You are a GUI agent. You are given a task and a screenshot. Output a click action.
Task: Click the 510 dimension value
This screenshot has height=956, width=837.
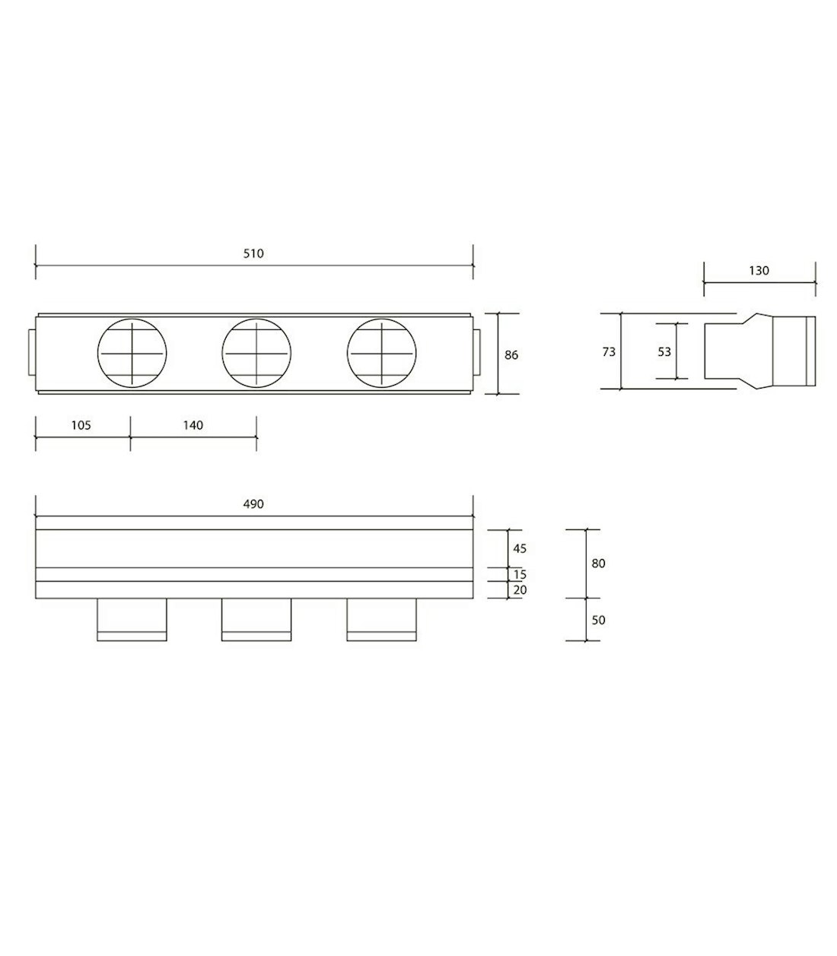253,254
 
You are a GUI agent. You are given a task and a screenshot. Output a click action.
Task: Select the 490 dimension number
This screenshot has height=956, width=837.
253,504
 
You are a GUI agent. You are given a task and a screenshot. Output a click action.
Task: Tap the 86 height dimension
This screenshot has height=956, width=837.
511,355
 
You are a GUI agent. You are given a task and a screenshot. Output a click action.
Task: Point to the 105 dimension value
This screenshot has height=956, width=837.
81,425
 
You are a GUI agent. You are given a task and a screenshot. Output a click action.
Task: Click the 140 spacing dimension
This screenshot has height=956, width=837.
193,425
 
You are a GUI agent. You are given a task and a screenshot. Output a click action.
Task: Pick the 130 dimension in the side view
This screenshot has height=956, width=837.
759,271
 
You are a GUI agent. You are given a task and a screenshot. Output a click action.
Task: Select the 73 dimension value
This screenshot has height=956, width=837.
609,352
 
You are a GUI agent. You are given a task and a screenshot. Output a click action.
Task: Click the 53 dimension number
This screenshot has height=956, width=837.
664,352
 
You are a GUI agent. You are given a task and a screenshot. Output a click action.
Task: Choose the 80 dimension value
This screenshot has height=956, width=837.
598,564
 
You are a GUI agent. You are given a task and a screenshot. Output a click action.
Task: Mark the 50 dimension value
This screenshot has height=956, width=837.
598,620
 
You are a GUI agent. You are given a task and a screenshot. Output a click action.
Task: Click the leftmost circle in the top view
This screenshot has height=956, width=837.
132,353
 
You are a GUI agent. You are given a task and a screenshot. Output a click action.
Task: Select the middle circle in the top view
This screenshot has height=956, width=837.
256,353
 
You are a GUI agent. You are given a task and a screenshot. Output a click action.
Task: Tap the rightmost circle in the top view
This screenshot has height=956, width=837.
382,353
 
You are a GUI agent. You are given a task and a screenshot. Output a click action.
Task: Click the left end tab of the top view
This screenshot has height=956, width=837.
31,353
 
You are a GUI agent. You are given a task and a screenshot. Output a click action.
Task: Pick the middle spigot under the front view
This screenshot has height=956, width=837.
256,619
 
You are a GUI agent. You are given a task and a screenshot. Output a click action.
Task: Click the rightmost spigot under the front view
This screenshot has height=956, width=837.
381,619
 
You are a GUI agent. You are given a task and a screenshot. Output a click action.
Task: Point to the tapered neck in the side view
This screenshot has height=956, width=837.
758,351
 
